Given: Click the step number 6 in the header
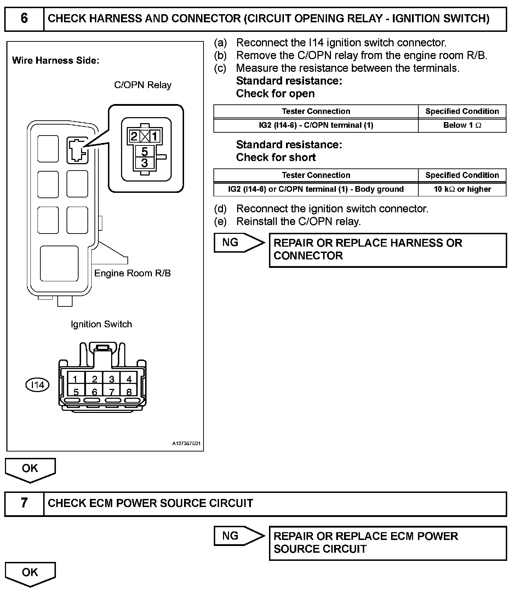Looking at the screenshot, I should [24, 18].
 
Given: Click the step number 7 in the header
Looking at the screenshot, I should [24, 503].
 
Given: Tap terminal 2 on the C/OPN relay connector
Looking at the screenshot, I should [134, 137].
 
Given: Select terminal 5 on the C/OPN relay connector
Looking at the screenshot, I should [144, 151].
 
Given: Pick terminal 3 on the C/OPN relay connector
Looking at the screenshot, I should [144, 163].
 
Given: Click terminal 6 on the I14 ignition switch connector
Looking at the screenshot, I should [94, 392].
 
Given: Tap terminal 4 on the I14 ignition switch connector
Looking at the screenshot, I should [129, 379].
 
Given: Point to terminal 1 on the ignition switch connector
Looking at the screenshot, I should [75, 379].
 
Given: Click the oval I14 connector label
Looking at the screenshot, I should [38, 385].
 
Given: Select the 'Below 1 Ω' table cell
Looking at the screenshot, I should [462, 125].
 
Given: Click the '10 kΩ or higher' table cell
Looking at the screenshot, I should [462, 189].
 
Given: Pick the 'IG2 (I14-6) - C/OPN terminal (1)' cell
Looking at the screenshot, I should [316, 125].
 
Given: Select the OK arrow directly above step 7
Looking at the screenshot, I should [30, 469].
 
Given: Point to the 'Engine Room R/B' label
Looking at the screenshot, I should [132, 273].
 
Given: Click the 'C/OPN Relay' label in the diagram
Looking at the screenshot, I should [143, 85].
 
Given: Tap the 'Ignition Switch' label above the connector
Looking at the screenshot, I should [101, 324].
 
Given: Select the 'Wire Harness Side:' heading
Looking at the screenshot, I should [56, 61].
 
